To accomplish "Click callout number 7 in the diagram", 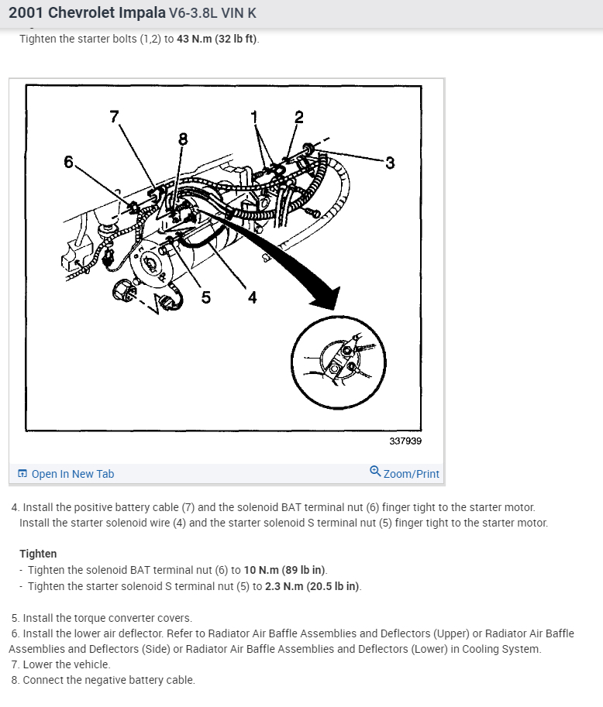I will [x=115, y=117].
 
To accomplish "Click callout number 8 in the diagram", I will [x=183, y=139].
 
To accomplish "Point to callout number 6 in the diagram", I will [x=69, y=162].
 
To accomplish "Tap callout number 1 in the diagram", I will [x=253, y=117].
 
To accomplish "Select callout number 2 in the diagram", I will [x=299, y=118].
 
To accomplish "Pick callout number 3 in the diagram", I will [x=390, y=163].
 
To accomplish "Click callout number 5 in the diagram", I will [x=206, y=297].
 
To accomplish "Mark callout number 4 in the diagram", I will [x=252, y=297].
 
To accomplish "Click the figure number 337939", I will [x=405, y=441].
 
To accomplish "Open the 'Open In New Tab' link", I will [x=72, y=474].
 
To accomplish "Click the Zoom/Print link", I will [x=411, y=474].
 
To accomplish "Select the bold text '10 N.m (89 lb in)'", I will [x=285, y=570].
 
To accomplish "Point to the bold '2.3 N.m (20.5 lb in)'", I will [x=312, y=586].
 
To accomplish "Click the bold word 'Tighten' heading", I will [x=38, y=554].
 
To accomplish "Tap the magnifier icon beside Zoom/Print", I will [x=375, y=472].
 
